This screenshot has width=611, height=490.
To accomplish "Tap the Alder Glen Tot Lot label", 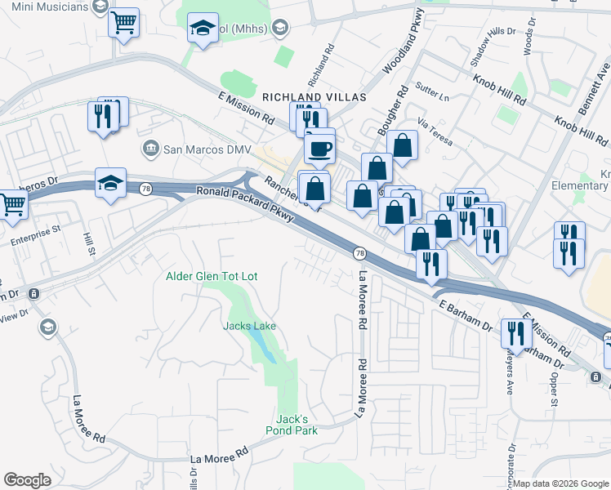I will [212, 277].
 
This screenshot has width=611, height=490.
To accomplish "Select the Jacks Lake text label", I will [250, 326].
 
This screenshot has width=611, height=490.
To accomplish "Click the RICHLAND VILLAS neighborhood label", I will [314, 96].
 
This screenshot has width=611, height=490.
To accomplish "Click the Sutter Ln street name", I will [433, 97].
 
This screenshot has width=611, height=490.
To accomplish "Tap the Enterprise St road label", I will [37, 243].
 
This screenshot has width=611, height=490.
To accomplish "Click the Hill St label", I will [89, 243].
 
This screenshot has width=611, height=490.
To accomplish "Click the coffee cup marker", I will [319, 149].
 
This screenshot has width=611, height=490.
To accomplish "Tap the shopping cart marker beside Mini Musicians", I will [123, 24].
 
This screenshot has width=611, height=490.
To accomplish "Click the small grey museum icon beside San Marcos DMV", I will [151, 149].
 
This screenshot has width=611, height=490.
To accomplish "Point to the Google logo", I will [27, 480].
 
